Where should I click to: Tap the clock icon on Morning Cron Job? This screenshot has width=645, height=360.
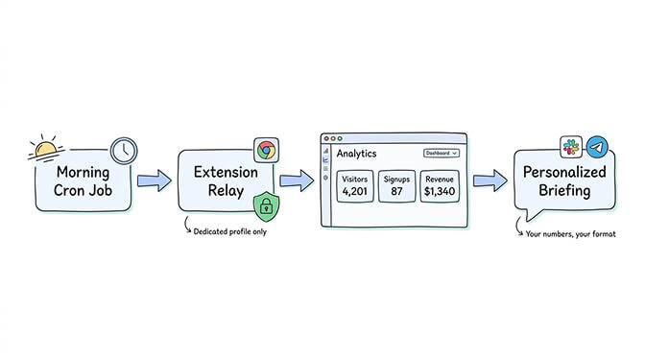click(x=123, y=150)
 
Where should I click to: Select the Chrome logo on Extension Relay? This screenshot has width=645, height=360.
click(x=266, y=150)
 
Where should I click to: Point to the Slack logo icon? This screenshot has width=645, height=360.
click(x=572, y=147)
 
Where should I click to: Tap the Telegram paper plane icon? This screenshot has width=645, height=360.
click(x=598, y=147)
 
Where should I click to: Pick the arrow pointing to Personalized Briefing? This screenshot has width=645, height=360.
click(x=490, y=180)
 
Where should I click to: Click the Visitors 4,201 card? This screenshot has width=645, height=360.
click(x=355, y=187)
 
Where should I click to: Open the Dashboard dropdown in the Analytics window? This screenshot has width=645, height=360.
click(x=442, y=153)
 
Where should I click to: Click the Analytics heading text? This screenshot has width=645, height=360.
click(x=357, y=153)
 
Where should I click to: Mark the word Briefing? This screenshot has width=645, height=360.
click(x=562, y=192)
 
